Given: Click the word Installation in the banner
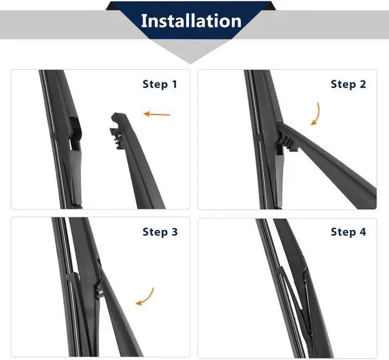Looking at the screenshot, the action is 191,21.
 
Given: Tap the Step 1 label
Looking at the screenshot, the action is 160,84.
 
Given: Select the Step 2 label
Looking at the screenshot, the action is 348,84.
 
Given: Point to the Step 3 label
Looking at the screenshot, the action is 160,232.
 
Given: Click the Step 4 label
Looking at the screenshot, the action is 348,232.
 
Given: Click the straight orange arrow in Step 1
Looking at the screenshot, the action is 157,114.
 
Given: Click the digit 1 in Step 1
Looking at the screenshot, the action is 174,84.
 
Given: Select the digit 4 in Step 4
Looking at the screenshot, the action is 363,232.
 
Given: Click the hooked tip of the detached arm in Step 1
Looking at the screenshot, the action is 117,116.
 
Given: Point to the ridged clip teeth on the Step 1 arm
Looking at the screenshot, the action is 117,139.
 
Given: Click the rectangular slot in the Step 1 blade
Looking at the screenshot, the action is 75,134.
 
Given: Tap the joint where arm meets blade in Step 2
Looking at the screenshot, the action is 283,139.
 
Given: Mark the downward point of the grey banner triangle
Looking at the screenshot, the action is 190,64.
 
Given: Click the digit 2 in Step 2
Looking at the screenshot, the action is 363,84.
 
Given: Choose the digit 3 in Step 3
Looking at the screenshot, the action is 174,232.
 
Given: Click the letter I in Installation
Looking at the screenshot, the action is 143,21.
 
